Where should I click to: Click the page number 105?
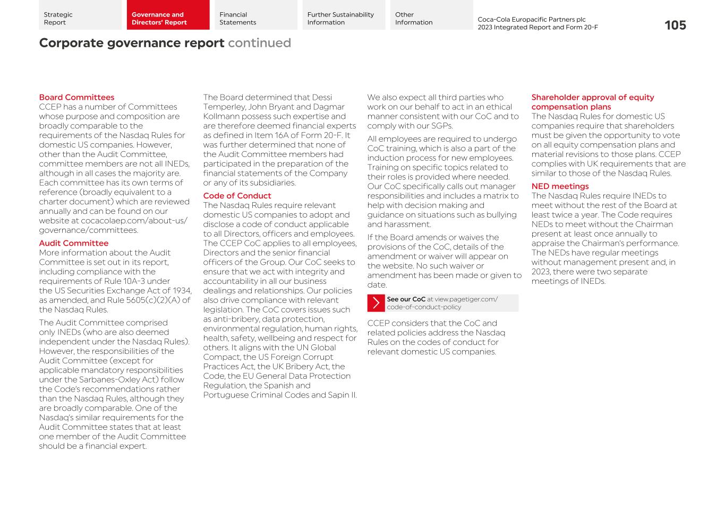pos(675,25)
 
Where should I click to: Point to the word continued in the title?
pos(259,43)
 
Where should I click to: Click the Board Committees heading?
pos(76,98)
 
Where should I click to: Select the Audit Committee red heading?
pos(73,244)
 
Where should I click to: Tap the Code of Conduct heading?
pos(237,196)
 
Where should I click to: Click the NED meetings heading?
pos(560,186)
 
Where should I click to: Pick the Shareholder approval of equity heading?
pos(592,98)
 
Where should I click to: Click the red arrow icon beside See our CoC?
pos(376,303)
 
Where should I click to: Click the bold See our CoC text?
pos(406,299)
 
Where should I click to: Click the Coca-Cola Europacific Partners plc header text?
pos(531,20)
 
